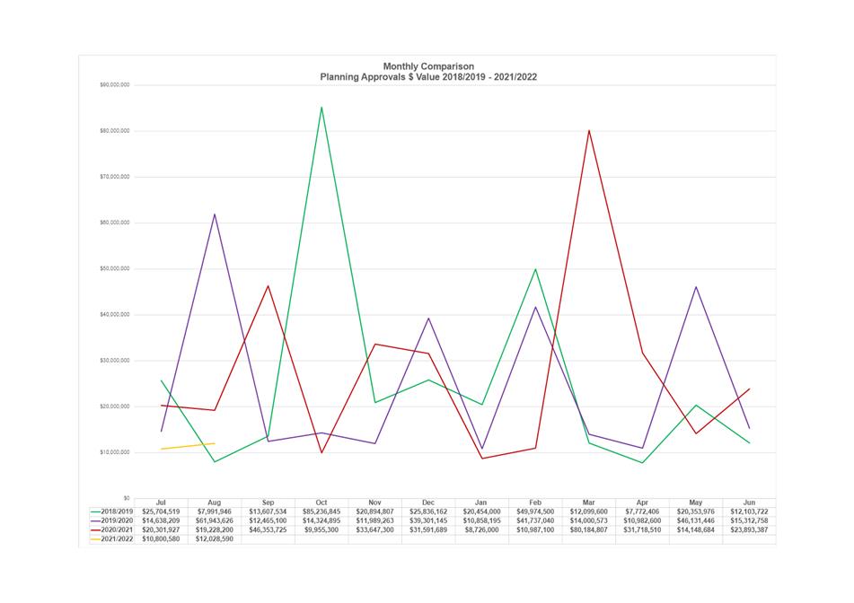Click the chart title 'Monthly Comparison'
(x=428, y=66)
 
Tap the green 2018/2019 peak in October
(x=321, y=108)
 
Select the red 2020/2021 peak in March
(x=589, y=131)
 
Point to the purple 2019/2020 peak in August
(x=215, y=214)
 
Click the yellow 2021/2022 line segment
(x=188, y=446)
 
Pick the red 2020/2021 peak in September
(x=268, y=286)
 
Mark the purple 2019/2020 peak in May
(x=696, y=287)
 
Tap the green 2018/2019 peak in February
(x=535, y=269)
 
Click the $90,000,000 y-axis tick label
(x=114, y=85)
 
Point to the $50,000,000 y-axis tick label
(x=114, y=269)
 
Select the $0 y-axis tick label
(x=126, y=498)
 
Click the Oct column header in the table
(x=321, y=503)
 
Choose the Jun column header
(x=749, y=503)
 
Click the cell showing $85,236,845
(x=321, y=511)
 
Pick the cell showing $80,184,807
(x=589, y=529)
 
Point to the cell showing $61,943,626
(x=215, y=520)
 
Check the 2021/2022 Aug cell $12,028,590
(x=215, y=538)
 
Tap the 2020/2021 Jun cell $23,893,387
(x=749, y=529)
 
